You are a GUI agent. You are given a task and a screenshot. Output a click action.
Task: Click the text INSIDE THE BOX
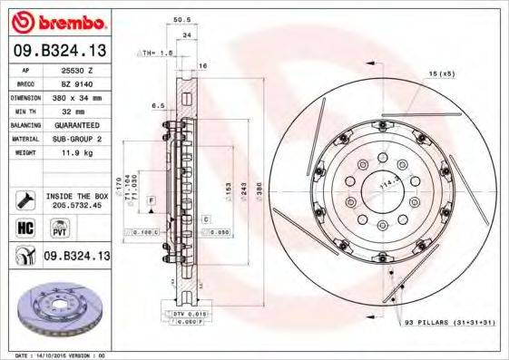pyautogui.click(x=76, y=195)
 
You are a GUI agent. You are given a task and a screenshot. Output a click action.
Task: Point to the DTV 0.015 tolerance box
pyautogui.click(x=186, y=313)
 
